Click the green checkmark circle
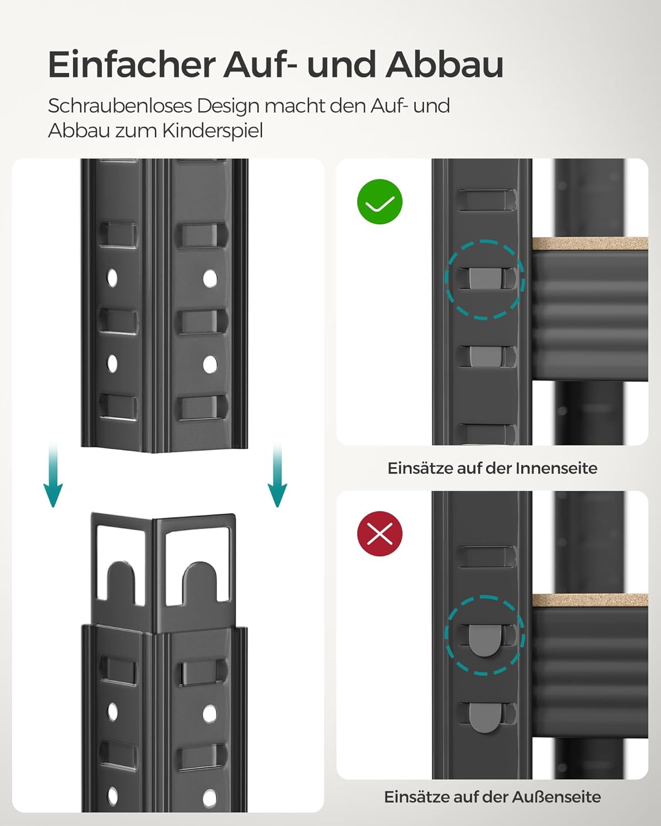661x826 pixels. click(380, 202)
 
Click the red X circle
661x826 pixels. click(380, 534)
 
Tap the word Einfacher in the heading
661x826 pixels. click(132, 64)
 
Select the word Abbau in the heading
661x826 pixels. click(445, 64)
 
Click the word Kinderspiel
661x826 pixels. click(213, 132)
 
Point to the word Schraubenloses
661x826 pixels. click(120, 106)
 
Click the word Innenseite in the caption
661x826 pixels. click(556, 468)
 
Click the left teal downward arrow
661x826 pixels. click(53, 475)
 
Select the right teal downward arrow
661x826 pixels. click(277, 475)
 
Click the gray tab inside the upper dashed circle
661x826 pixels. click(485, 278)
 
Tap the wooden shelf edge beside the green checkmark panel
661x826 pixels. click(590, 244)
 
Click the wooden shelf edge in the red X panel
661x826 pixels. click(590, 600)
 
